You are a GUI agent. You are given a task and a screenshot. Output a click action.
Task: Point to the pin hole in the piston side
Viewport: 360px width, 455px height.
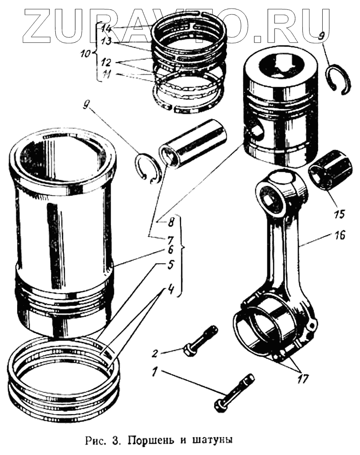coord(258,131)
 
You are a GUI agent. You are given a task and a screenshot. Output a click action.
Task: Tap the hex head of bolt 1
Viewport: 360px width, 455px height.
coord(220,402)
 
